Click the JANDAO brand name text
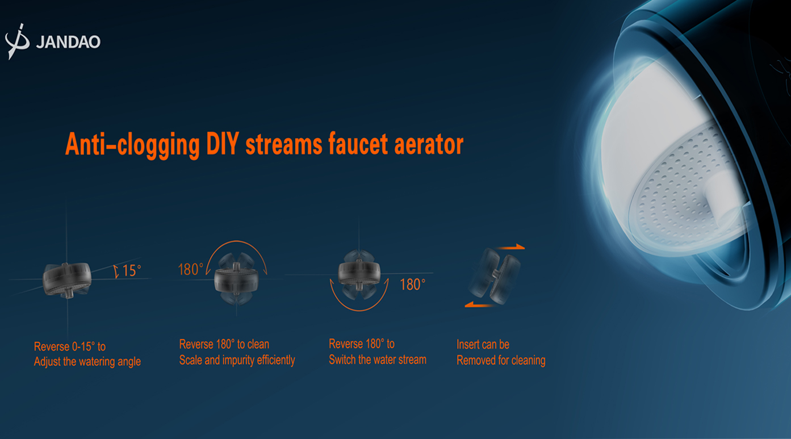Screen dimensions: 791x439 [x=68, y=42]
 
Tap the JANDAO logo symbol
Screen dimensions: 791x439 [x=17, y=41]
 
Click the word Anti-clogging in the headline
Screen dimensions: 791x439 [x=132, y=145]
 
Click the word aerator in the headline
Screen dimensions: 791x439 [x=429, y=144]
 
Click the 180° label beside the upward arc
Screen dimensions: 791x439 [x=191, y=269]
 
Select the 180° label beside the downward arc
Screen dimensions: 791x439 [x=412, y=285]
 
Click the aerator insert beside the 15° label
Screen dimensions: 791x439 [x=67, y=279]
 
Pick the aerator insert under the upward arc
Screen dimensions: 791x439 [x=236, y=279]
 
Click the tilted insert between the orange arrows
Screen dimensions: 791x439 [x=495, y=276]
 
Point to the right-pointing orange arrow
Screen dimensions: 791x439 [x=510, y=247]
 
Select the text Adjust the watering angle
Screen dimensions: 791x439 [x=87, y=362]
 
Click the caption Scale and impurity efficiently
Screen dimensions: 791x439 [x=237, y=360]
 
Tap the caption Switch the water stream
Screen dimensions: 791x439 [x=378, y=360]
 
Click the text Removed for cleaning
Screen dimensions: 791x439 [x=501, y=361]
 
